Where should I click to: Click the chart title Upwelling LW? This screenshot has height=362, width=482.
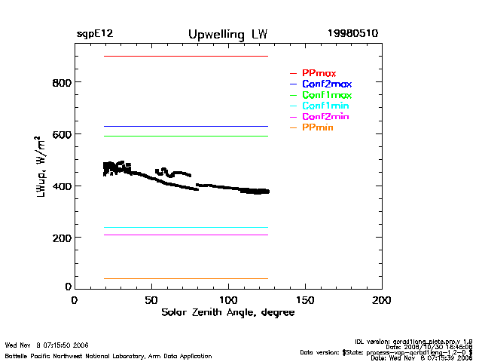[x=227, y=35]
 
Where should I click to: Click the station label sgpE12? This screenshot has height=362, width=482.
[x=95, y=34]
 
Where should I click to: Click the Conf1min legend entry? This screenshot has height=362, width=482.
[x=325, y=106]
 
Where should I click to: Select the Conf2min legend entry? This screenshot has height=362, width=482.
[x=325, y=118]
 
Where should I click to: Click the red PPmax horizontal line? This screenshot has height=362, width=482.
[x=181, y=57]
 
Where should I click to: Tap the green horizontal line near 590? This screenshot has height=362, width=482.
[x=181, y=137]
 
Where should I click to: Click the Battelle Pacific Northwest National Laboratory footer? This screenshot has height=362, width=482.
[x=108, y=356]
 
